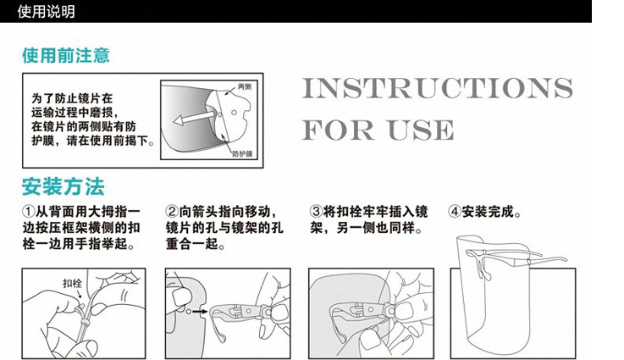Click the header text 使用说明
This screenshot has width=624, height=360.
[46, 12]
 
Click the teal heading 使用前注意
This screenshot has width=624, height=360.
[66, 55]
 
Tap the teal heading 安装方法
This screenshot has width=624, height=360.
[64, 186]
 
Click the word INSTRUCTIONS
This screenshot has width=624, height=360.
[438, 88]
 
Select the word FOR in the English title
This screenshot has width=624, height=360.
[338, 130]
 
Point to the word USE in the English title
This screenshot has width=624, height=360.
[421, 130]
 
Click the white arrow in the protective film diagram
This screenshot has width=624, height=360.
[194, 118]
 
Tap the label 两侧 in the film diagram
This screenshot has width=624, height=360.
[245, 86]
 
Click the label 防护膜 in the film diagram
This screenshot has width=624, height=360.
[242, 153]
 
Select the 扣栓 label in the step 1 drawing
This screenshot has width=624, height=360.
[72, 283]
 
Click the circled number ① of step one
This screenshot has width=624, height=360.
[29, 212]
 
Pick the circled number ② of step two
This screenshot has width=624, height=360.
[172, 212]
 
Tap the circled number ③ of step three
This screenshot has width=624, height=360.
[316, 212]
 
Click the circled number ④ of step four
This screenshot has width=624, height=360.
[455, 212]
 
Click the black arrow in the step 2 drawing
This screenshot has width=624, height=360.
[200, 312]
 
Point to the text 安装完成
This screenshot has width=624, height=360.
[488, 212]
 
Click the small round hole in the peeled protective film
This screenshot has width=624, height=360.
[235, 113]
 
